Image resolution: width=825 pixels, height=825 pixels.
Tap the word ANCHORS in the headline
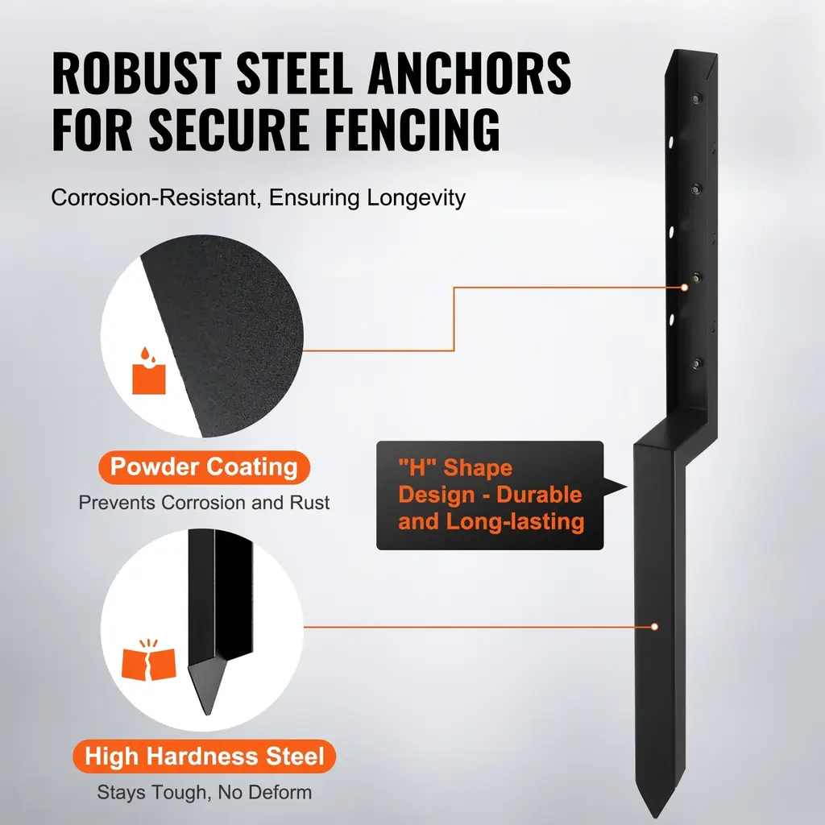(470, 73)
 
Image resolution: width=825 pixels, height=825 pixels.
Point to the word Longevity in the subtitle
(417, 198)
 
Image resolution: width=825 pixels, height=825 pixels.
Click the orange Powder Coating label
(204, 467)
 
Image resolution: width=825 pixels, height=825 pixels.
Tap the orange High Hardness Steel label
(204, 756)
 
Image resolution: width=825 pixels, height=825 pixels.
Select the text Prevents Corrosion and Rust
(204, 503)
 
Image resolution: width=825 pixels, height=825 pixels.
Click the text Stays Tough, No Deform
(204, 792)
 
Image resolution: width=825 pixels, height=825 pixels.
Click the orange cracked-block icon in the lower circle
(148, 661)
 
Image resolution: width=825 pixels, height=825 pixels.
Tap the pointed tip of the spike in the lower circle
(209, 714)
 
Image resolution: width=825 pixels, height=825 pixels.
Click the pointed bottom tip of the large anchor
(656, 817)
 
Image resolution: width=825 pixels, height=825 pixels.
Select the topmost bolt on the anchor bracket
(696, 97)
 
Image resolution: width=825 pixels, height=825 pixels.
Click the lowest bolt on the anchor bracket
(697, 363)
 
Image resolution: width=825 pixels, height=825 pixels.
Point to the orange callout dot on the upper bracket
(685, 288)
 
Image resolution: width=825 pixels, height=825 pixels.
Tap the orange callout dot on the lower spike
(654, 627)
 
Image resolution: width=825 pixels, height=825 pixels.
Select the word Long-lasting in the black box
(515, 522)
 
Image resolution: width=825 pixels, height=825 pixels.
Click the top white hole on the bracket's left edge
(671, 142)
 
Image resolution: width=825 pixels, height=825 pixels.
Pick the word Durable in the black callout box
(539, 495)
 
